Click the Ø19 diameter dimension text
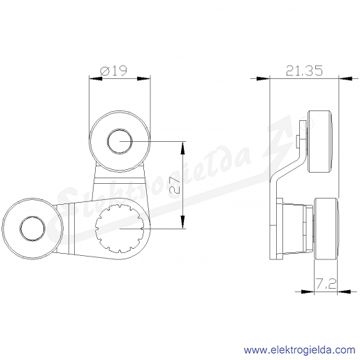click(x=114, y=71)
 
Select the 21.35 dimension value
click(x=304, y=71)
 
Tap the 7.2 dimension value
click(x=326, y=284)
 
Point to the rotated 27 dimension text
click(x=175, y=186)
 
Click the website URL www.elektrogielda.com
click(x=299, y=350)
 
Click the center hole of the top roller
click(x=120, y=141)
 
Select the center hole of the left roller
click(x=32, y=228)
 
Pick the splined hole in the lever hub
click(x=120, y=229)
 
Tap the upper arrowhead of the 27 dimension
click(x=183, y=147)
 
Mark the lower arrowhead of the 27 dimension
click(x=183, y=222)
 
